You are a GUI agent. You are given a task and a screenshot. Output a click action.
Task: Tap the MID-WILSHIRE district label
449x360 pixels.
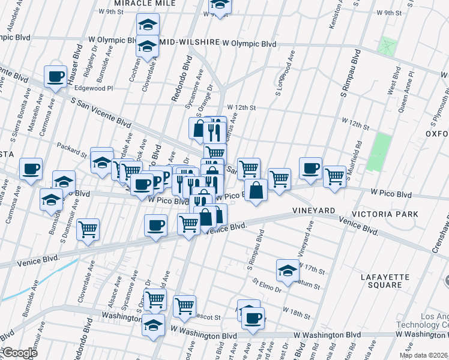point(188,44)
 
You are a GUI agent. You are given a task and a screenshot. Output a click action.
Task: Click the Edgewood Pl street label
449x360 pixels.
point(93,88)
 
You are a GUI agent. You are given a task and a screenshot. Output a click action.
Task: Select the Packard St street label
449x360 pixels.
point(72,146)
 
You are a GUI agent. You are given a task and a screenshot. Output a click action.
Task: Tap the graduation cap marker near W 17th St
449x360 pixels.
point(288,271)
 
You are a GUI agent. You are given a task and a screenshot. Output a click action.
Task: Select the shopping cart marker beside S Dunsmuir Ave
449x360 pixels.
point(88,230)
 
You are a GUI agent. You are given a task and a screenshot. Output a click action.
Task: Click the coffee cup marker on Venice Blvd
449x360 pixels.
point(155,226)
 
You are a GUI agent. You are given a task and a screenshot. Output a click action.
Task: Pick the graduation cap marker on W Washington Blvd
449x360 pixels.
point(153,325)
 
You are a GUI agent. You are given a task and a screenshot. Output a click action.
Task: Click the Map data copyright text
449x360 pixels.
point(424,355)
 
